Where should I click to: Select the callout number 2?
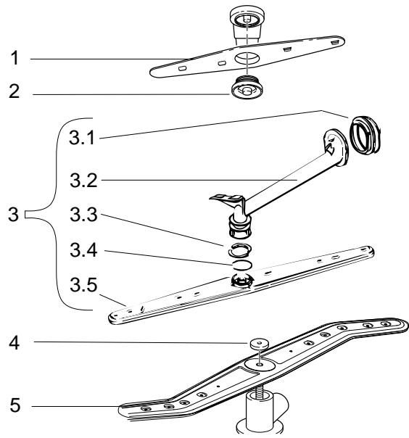[9, 94]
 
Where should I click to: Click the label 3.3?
[82, 215]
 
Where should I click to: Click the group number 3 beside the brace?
[9, 215]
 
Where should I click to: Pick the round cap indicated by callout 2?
[245, 88]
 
